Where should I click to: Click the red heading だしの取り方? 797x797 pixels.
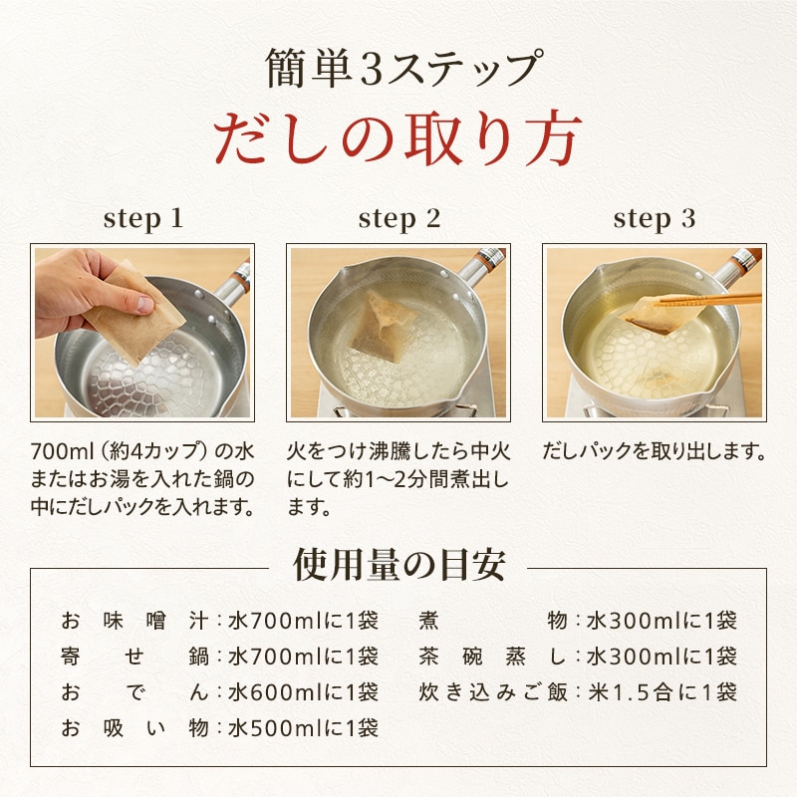pos(397,138)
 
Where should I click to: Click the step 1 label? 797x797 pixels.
pos(142,219)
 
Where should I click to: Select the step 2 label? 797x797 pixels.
pos(399,219)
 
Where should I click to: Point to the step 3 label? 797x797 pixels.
pos(655,219)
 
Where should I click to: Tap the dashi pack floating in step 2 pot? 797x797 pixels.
pos(382,326)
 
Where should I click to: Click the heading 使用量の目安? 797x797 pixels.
pos(399,565)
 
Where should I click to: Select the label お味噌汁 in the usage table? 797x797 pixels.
pos(134,621)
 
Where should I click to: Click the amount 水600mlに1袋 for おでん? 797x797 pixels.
pos(304,692)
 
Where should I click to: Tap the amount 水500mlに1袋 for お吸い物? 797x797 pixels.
pos(304,728)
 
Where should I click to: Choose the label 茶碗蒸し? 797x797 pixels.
pos(492,657)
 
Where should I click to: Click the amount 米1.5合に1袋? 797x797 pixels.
pos(663,692)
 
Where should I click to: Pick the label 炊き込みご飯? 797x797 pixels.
pos(492,692)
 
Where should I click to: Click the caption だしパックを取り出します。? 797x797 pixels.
pos(655,451)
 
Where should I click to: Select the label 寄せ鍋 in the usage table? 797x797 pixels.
pos(134,657)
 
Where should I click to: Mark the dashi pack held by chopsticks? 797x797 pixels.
pos(656,315)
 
